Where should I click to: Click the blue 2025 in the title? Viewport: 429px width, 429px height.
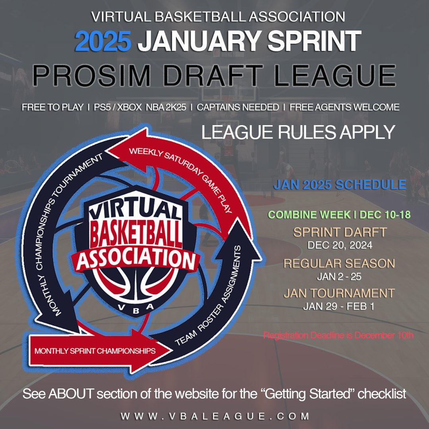click(x=103, y=41)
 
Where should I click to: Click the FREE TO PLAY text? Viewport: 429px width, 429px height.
click(x=52, y=107)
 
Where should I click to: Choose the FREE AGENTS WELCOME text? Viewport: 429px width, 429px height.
click(x=344, y=107)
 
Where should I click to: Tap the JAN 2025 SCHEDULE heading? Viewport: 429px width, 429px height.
click(x=340, y=185)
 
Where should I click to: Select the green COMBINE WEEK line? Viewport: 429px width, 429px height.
click(x=339, y=215)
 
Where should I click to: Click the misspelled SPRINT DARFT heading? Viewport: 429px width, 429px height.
click(x=339, y=232)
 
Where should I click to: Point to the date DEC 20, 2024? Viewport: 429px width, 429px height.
click(x=340, y=245)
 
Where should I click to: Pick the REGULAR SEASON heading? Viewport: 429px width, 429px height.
click(x=339, y=263)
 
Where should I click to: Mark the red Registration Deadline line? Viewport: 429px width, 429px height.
click(x=338, y=335)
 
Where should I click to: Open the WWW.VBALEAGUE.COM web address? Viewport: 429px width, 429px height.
click(x=215, y=416)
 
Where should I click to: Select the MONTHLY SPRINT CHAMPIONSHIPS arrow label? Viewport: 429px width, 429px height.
click(x=95, y=351)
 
